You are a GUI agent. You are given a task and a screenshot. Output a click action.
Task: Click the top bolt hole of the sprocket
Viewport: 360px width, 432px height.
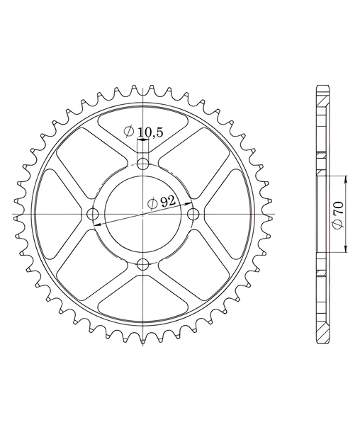click(142, 164)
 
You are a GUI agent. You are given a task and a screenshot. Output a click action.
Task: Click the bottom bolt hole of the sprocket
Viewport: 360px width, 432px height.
click(142, 264)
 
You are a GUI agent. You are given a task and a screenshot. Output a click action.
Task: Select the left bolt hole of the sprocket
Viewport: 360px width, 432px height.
click(93, 214)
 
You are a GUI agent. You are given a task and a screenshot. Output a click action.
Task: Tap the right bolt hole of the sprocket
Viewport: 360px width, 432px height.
click(193, 214)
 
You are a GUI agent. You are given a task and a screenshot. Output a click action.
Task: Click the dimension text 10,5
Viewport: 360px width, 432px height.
click(150, 133)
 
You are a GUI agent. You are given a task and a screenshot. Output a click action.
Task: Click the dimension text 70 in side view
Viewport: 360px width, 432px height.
click(339, 208)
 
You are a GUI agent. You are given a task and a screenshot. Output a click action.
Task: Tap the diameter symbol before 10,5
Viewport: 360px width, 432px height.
click(129, 132)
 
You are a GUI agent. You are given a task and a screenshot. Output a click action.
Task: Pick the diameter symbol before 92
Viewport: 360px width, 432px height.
click(152, 204)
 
